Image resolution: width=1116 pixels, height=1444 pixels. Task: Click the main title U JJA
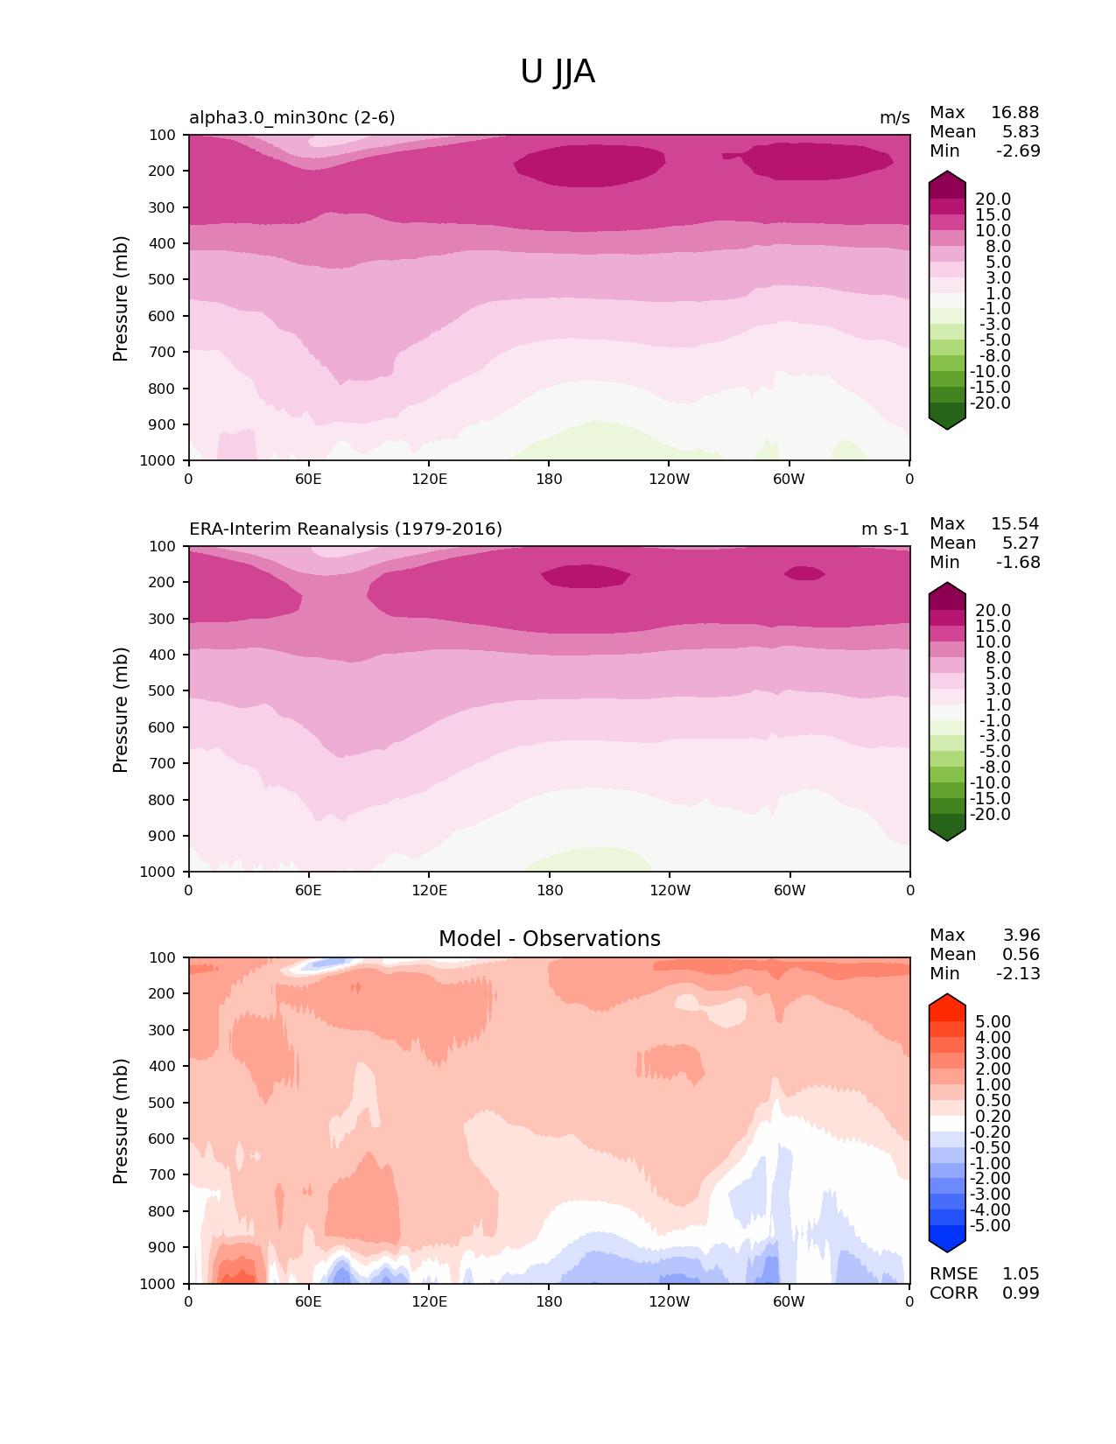point(558,72)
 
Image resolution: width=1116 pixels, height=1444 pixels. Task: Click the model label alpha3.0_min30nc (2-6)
point(292,117)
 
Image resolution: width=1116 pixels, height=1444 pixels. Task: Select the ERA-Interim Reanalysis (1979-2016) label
point(346,529)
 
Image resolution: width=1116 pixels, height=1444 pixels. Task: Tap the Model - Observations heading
point(549,939)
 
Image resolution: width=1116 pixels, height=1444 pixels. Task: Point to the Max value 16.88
point(1014,112)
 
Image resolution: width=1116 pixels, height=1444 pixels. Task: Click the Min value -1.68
point(1018,562)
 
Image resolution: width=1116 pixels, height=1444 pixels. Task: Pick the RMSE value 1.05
point(1021,1273)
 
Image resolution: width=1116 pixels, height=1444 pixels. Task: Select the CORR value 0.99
point(1021,1293)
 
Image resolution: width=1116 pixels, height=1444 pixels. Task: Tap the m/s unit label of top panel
point(895,117)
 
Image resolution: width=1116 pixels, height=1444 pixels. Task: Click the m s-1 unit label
point(885,529)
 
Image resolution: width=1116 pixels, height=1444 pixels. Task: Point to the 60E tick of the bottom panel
point(308,1301)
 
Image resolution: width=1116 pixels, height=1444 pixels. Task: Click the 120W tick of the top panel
point(669,479)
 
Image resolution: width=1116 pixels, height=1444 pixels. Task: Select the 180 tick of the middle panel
point(550,890)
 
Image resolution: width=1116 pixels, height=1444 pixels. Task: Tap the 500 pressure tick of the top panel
point(164,279)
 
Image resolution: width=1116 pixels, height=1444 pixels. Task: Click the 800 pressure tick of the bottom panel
point(164,1211)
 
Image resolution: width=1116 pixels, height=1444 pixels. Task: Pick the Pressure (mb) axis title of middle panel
point(121,709)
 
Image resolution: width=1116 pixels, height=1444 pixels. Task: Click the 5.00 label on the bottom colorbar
point(993,1021)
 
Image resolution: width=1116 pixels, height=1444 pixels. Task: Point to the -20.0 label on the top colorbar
point(993,403)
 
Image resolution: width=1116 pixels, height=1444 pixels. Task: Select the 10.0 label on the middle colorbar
point(993,641)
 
